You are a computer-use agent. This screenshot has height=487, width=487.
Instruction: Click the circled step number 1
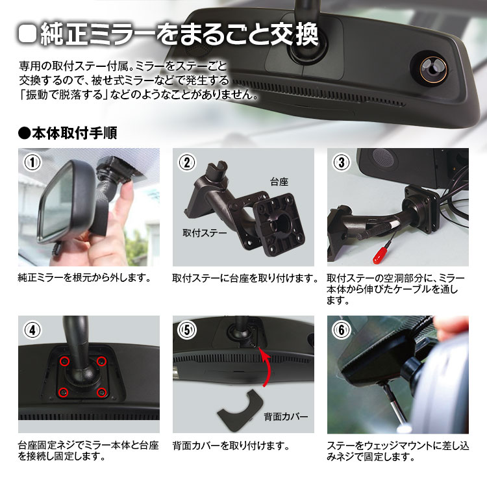[x=32, y=162]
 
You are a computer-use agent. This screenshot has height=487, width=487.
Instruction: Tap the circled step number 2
[x=187, y=162]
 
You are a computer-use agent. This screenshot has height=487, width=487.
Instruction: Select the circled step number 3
[x=342, y=162]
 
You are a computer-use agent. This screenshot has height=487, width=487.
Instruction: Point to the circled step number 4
[x=32, y=330]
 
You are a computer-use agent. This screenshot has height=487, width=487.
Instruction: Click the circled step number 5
[x=187, y=330]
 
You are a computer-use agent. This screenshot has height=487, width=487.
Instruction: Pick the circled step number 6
[x=342, y=330]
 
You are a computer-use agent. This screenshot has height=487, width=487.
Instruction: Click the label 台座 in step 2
[x=279, y=182]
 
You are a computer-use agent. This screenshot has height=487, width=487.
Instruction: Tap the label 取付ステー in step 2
[x=205, y=233]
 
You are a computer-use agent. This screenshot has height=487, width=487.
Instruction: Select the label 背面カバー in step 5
[x=286, y=416]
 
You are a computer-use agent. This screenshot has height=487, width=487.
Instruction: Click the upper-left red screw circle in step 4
[x=64, y=361]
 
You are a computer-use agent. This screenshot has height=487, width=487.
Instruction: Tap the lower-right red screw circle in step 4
[x=101, y=393]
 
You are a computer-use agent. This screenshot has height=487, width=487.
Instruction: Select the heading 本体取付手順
[x=68, y=133]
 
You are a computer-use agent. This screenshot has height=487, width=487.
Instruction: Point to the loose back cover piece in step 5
[x=240, y=410]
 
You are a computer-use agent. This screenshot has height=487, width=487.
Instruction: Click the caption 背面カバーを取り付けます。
[x=231, y=446]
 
